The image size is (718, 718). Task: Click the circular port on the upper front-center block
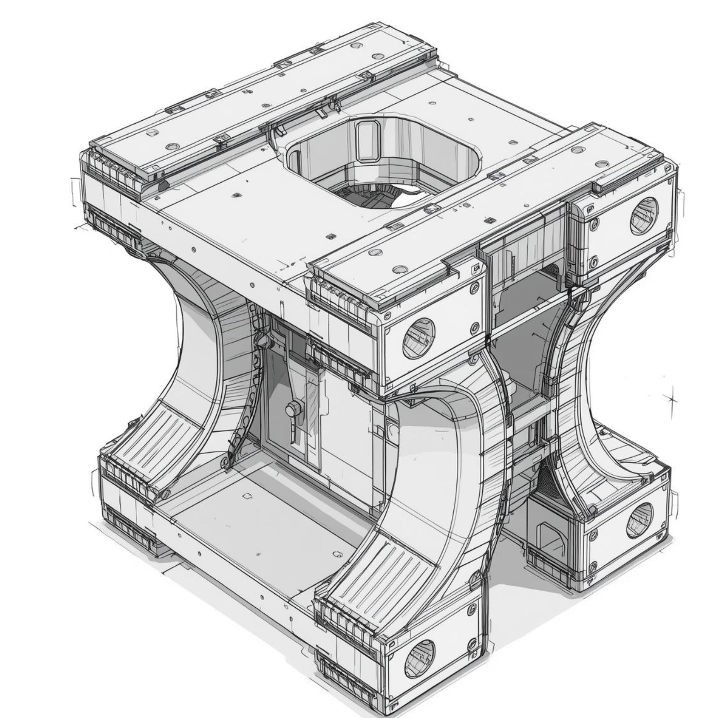click(419, 338)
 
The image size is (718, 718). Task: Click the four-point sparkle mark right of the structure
click(671, 398)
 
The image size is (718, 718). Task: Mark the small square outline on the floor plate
click(246, 496)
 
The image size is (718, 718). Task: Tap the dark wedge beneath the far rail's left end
click(163, 184)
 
